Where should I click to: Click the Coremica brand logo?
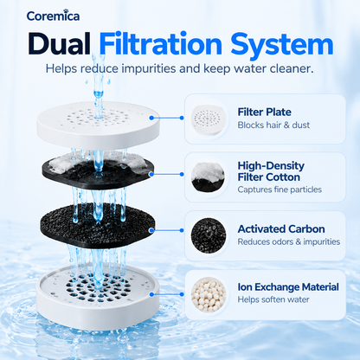tap(53, 16)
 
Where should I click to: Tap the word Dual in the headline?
tap(59, 44)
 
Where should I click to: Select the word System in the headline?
tap(282, 44)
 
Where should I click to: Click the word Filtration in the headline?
tap(161, 44)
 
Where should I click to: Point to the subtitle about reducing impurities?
tap(179, 68)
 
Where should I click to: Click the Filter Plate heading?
tap(264, 112)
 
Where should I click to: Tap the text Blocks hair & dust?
tap(273, 125)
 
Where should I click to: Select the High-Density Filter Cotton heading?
tap(271, 171)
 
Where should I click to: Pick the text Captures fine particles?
tap(280, 190)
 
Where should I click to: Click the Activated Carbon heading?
tap(281, 229)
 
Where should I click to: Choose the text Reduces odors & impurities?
tap(289, 241)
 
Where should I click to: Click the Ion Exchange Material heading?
tap(288, 287)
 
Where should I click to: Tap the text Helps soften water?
tap(273, 299)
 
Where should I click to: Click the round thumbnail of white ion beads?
tap(209, 294)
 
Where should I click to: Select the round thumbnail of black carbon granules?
tap(209, 235)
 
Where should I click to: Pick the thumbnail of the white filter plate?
tap(209, 119)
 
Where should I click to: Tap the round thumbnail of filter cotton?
tap(209, 177)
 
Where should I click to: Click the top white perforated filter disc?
tap(98, 125)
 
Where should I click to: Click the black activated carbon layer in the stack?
tap(98, 226)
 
